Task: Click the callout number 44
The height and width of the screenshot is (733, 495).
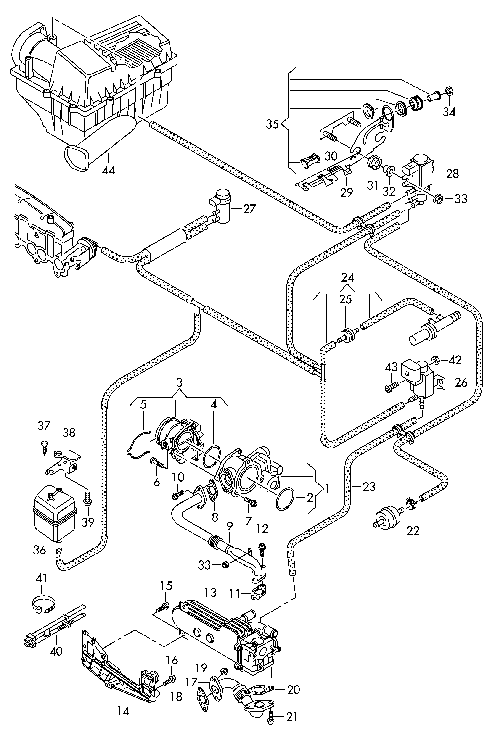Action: [x=109, y=170]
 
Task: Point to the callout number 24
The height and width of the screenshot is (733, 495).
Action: [x=347, y=277]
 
